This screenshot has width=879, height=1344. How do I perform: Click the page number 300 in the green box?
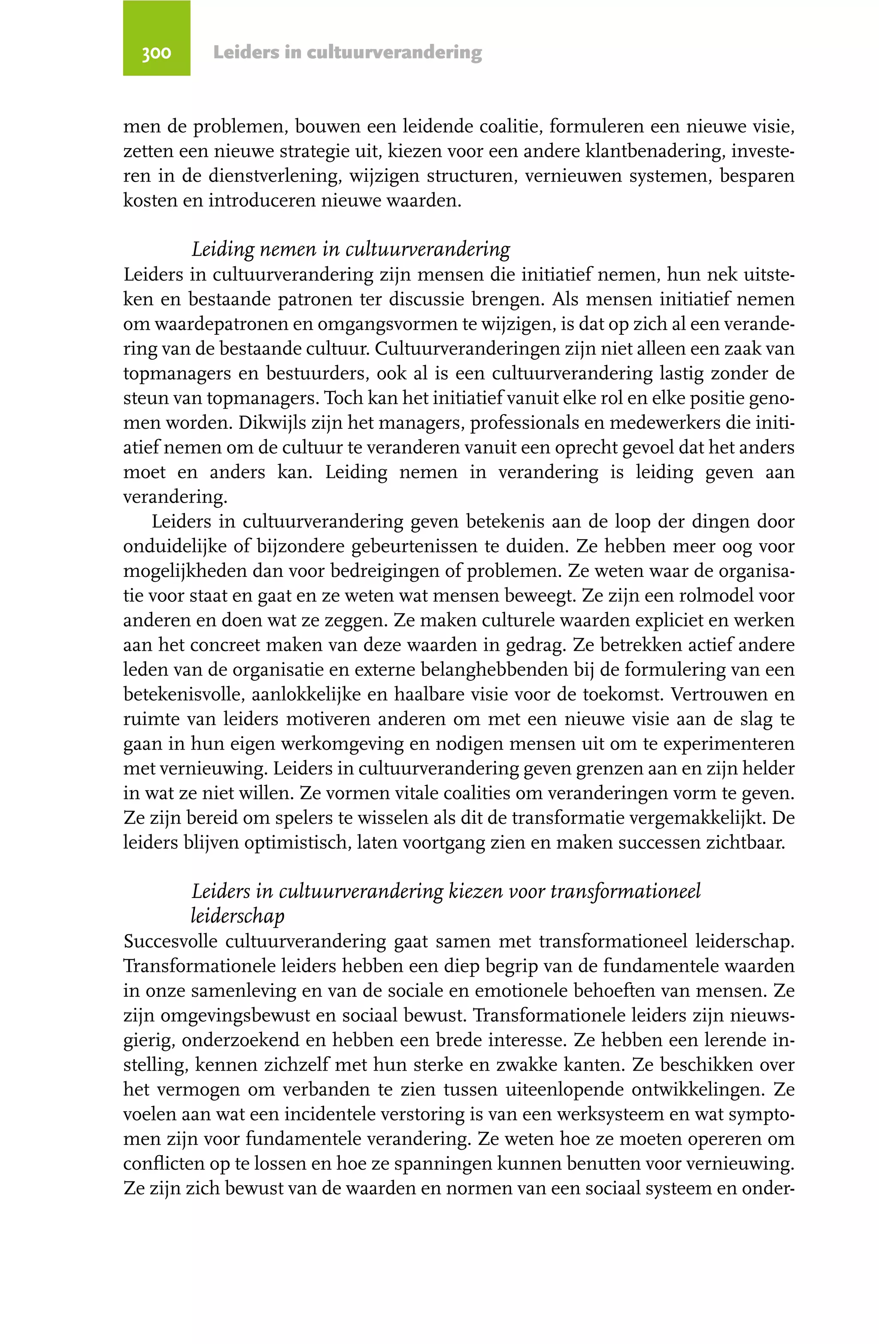click(x=156, y=52)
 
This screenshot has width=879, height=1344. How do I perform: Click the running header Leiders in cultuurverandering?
click(x=347, y=52)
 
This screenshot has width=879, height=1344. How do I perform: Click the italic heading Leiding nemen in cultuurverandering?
click(x=351, y=249)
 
